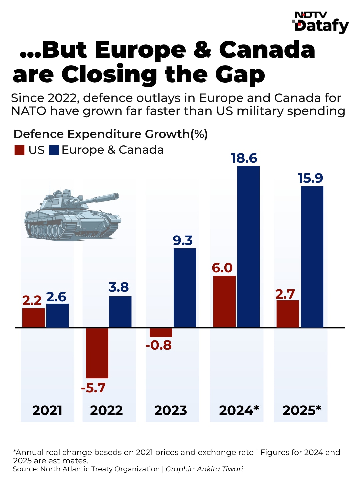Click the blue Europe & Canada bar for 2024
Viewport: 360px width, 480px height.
tap(248, 247)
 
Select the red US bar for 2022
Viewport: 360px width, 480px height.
tap(97, 353)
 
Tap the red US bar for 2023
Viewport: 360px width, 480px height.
tap(161, 332)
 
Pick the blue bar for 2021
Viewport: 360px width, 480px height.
tap(57, 315)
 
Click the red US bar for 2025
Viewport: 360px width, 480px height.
tap(287, 314)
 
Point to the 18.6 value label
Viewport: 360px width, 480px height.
tap(244, 158)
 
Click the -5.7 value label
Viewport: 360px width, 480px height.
tap(93, 388)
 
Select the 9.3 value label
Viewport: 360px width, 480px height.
tap(183, 240)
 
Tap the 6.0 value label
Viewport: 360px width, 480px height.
tap(222, 268)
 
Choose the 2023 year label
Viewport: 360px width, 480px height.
tap(170, 410)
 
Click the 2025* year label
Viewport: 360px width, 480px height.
tap(302, 410)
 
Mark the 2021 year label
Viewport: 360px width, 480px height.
tap(47, 410)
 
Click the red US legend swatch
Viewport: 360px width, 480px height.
tap(19, 150)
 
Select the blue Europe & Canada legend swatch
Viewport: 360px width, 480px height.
tap(54, 150)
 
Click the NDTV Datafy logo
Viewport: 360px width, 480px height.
tap(321, 23)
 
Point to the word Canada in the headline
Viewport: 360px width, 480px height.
tap(267, 50)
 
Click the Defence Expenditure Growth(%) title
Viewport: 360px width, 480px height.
tap(111, 134)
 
